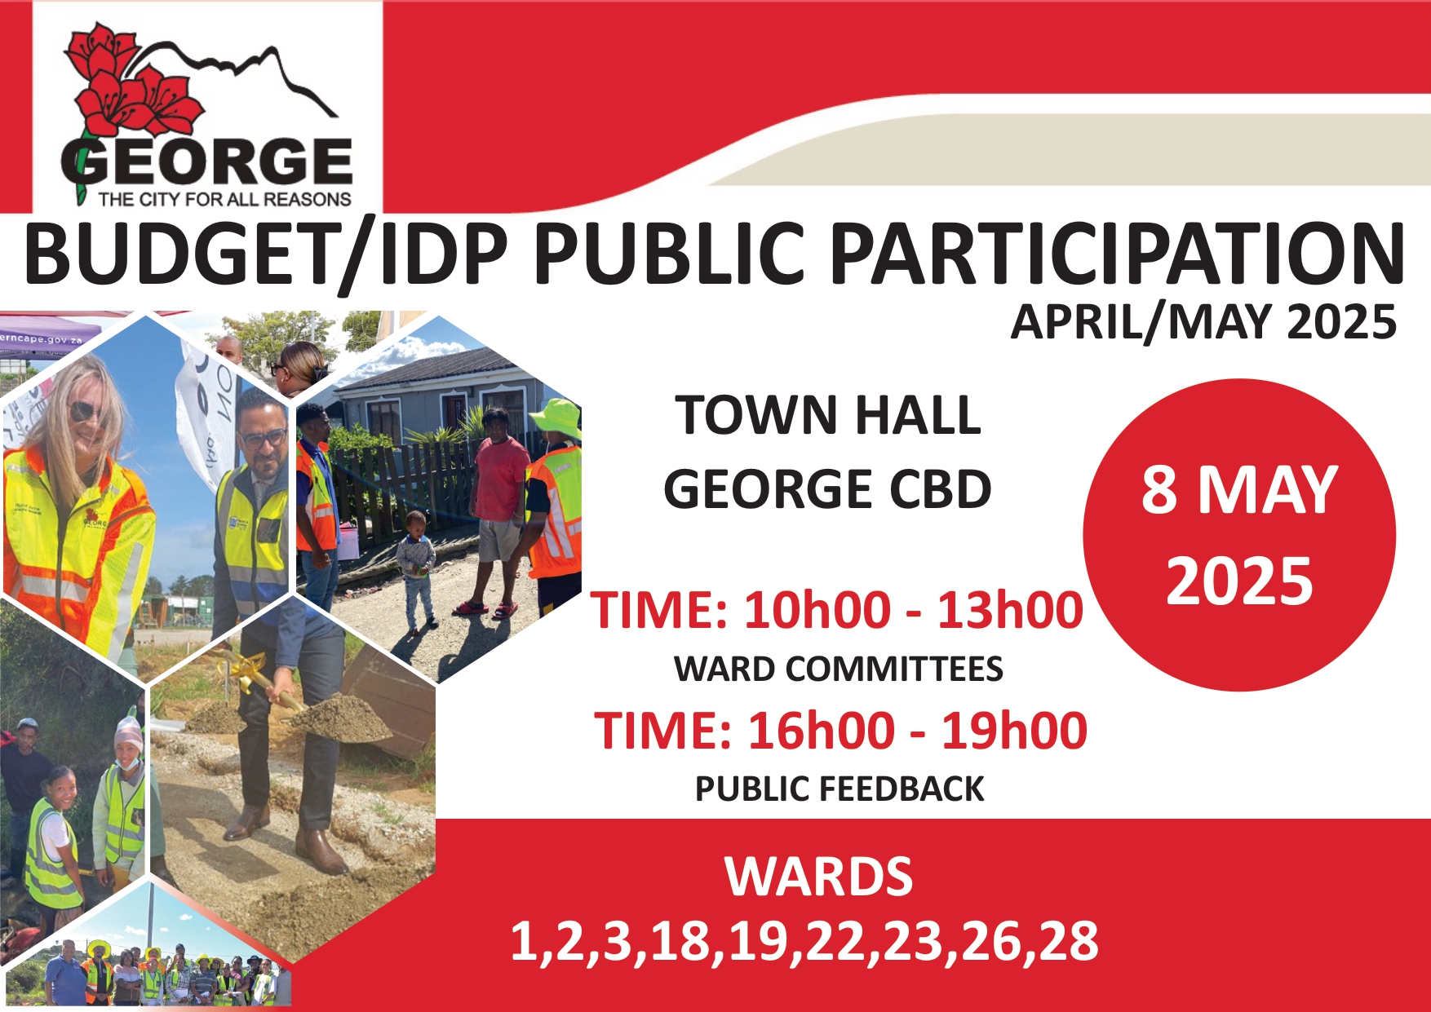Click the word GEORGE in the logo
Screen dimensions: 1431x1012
(x=207, y=161)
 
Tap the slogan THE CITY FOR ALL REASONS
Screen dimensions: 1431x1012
(x=224, y=199)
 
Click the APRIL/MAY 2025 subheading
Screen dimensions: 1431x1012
(x=1203, y=321)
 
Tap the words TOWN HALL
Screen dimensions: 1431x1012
(x=828, y=415)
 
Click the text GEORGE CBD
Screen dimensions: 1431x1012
(x=827, y=489)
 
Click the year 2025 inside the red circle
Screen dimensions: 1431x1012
(x=1239, y=581)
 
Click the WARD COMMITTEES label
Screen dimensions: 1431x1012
(x=839, y=670)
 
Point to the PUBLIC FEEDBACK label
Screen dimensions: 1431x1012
(x=840, y=789)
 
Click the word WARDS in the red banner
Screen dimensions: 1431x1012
(x=818, y=877)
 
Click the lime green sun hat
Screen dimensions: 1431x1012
(x=557, y=418)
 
